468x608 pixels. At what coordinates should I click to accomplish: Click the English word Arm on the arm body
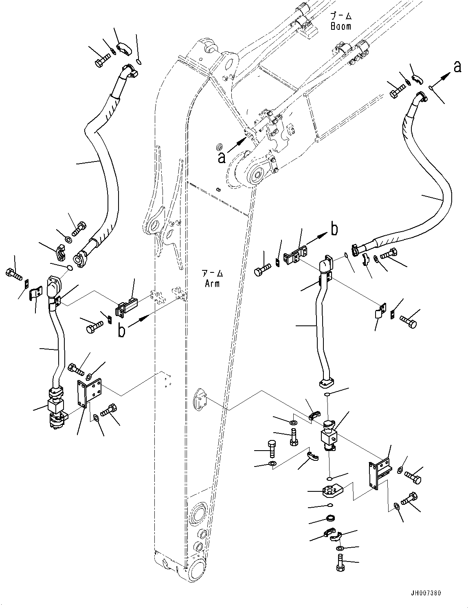[212, 283]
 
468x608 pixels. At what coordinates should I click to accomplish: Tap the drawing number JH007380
[426, 593]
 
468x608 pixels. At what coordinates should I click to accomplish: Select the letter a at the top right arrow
[457, 67]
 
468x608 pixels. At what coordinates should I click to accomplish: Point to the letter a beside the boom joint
[221, 157]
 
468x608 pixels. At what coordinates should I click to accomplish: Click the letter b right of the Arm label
[334, 230]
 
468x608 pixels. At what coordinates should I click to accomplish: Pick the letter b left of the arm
[121, 331]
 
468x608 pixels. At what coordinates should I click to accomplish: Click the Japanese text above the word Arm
[212, 274]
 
